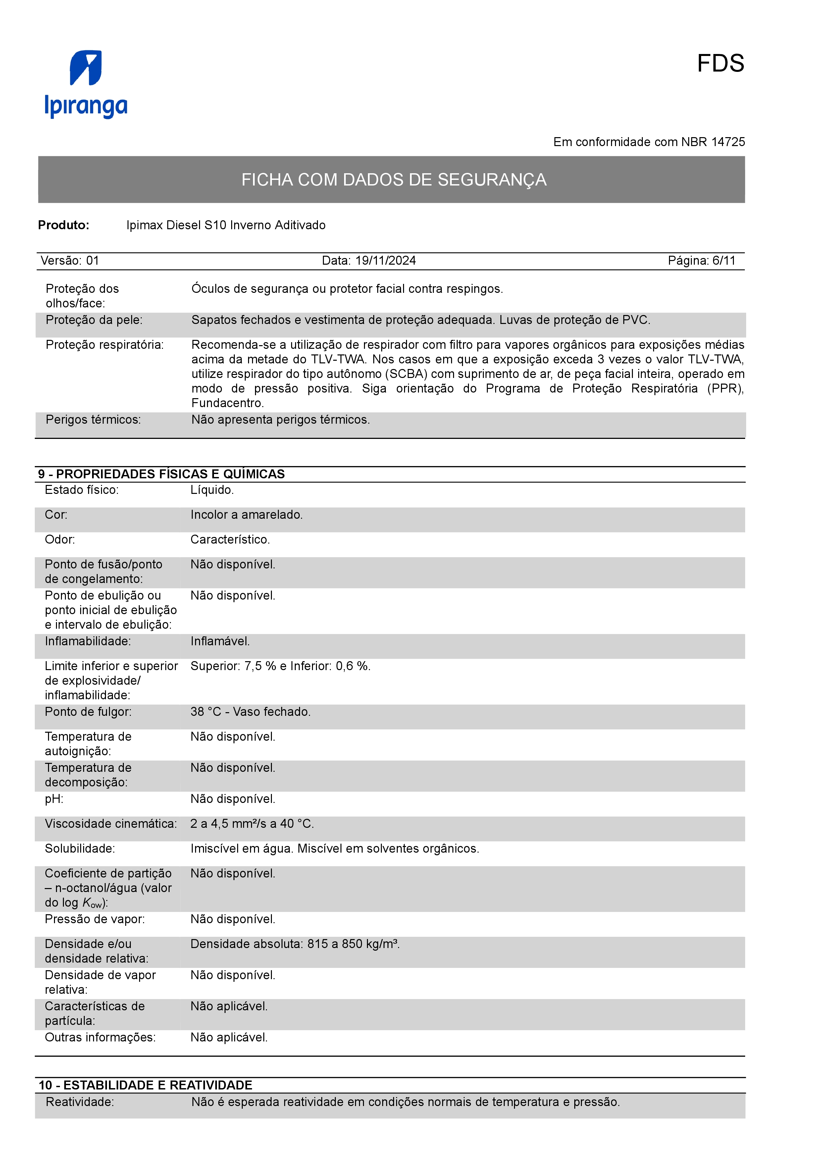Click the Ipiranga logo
(x=86, y=84)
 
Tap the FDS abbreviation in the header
(x=720, y=64)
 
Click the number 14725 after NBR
(x=728, y=142)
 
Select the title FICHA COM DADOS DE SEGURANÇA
(x=393, y=180)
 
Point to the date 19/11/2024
(x=385, y=261)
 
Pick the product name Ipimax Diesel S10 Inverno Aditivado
(x=226, y=225)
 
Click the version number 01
(x=93, y=261)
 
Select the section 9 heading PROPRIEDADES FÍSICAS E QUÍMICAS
(x=170, y=474)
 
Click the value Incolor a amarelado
(x=246, y=515)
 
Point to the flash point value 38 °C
(x=205, y=712)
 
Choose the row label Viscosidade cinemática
(x=111, y=824)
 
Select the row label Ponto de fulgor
(x=88, y=712)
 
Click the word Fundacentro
(x=227, y=403)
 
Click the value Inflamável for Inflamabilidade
(x=220, y=642)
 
